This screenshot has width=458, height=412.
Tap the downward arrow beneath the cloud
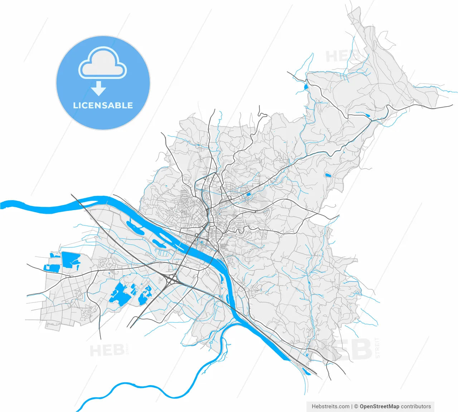tap(99, 88)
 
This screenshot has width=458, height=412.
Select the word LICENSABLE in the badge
tap(103, 105)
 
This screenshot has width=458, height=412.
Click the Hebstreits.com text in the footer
tap(330, 406)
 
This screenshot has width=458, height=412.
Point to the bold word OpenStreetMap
tap(379, 406)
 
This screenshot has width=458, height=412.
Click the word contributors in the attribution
tap(416, 406)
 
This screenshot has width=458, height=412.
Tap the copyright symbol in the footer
tap(356, 406)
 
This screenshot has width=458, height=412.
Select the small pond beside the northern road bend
tap(306, 87)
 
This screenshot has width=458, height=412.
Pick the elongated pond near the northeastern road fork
tap(366, 115)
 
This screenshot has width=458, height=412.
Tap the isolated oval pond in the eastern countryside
tap(327, 175)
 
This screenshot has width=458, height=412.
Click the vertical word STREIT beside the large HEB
tap(378, 347)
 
